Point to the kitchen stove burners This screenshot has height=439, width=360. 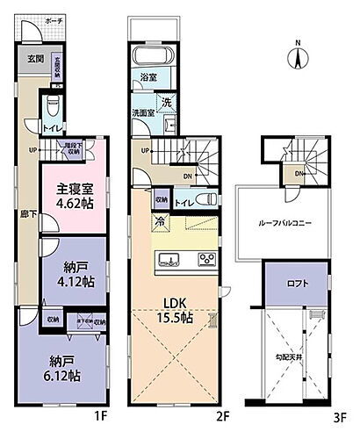(207, 258)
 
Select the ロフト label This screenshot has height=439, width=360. (295, 284)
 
